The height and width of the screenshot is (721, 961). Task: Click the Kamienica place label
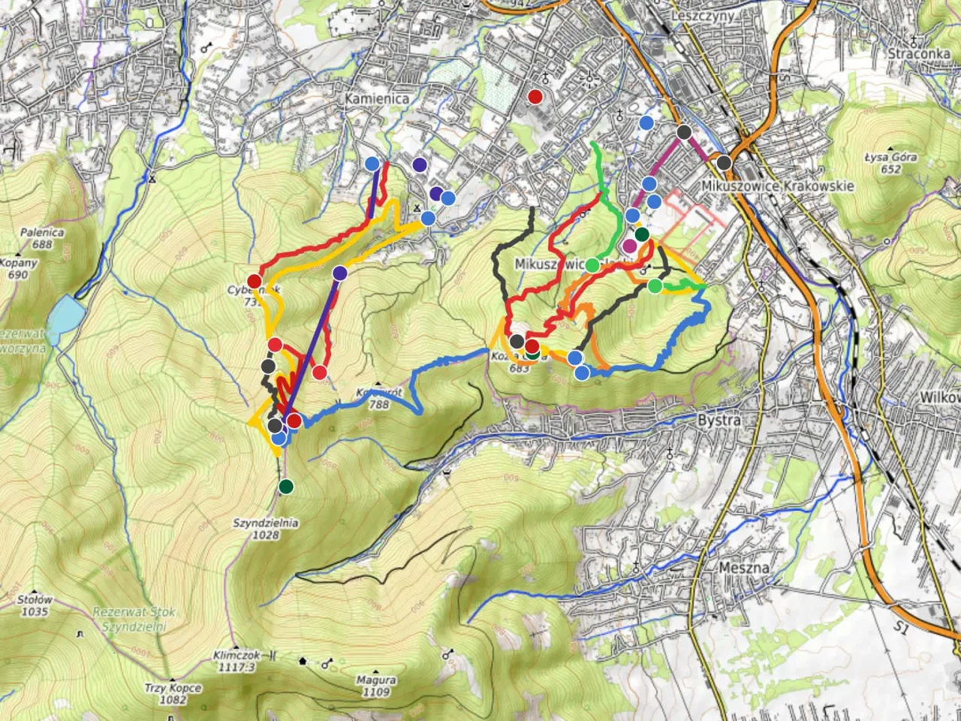[377, 98]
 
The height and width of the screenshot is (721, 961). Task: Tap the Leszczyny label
[703, 15]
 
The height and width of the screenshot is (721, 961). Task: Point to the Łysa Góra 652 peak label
[890, 163]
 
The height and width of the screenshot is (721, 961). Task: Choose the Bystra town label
[719, 420]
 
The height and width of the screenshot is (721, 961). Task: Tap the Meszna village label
[743, 568]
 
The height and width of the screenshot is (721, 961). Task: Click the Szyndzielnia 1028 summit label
[266, 529]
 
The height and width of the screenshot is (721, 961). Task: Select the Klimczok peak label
[235, 660]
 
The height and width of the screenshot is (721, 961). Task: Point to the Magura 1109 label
[375, 686]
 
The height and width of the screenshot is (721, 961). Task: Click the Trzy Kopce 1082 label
[173, 693]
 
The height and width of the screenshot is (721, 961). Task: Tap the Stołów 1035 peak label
[35, 605]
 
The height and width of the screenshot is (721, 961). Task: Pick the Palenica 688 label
[42, 238]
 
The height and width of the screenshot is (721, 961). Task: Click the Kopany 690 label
[18, 269]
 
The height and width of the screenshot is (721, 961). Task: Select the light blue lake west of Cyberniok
[64, 313]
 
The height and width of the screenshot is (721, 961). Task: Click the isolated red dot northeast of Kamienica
[535, 96]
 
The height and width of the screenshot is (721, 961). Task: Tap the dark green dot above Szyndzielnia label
[286, 486]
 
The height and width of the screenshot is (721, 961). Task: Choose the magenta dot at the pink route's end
[629, 246]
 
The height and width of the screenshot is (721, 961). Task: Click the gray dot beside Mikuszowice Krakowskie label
[724, 162]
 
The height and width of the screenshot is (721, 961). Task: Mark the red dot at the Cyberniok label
[254, 281]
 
